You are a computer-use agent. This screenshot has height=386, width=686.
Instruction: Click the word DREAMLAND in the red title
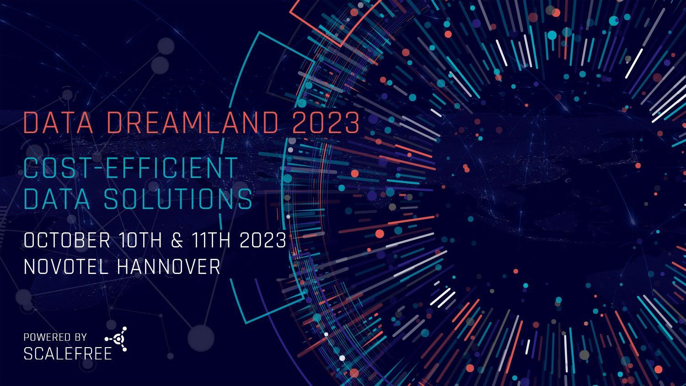click(x=193, y=123)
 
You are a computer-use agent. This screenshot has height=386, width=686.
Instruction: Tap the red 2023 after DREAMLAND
click(x=326, y=123)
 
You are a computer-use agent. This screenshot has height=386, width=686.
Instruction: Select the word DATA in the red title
click(x=58, y=123)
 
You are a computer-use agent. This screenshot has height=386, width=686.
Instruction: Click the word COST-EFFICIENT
click(x=130, y=167)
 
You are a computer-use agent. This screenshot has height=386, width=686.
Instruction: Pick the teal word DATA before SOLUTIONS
click(x=57, y=199)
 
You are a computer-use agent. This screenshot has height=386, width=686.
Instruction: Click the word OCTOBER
click(x=67, y=240)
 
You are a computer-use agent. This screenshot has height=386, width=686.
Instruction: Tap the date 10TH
click(x=140, y=240)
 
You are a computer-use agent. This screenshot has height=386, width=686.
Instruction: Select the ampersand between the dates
click(x=177, y=240)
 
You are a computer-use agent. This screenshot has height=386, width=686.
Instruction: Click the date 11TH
click(x=211, y=240)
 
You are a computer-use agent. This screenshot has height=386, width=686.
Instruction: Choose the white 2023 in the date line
click(x=263, y=240)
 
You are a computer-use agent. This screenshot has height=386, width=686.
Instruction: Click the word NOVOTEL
click(x=66, y=267)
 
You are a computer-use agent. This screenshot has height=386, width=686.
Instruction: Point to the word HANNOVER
click(x=169, y=267)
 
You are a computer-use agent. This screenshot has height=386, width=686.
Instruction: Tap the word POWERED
click(x=45, y=337)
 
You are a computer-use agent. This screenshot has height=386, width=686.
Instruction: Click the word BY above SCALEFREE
click(x=80, y=337)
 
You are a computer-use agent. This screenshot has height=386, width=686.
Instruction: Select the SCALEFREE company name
click(x=68, y=354)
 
